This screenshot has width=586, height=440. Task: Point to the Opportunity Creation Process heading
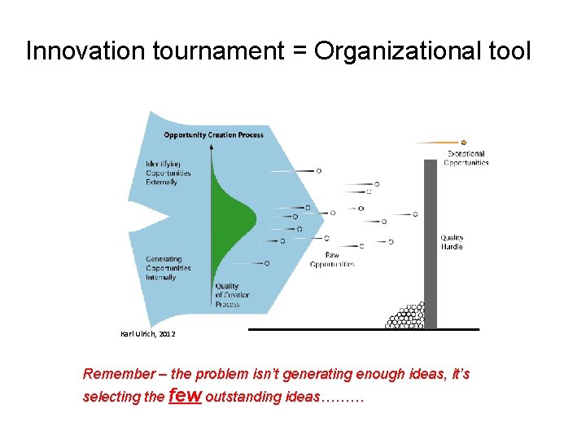click(x=213, y=134)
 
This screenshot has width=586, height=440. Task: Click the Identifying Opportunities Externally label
click(x=168, y=173)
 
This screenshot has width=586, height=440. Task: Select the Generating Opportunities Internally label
click(x=168, y=268)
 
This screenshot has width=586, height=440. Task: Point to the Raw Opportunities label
click(x=332, y=260)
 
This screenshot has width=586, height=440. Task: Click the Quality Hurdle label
click(x=452, y=242)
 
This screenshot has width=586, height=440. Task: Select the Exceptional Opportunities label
click(x=466, y=158)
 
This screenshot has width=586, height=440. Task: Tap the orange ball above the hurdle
click(x=463, y=143)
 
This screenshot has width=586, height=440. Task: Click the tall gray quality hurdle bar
click(x=430, y=244)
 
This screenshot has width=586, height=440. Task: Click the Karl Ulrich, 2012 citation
click(x=146, y=334)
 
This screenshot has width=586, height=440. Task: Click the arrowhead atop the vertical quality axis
click(x=212, y=147)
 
